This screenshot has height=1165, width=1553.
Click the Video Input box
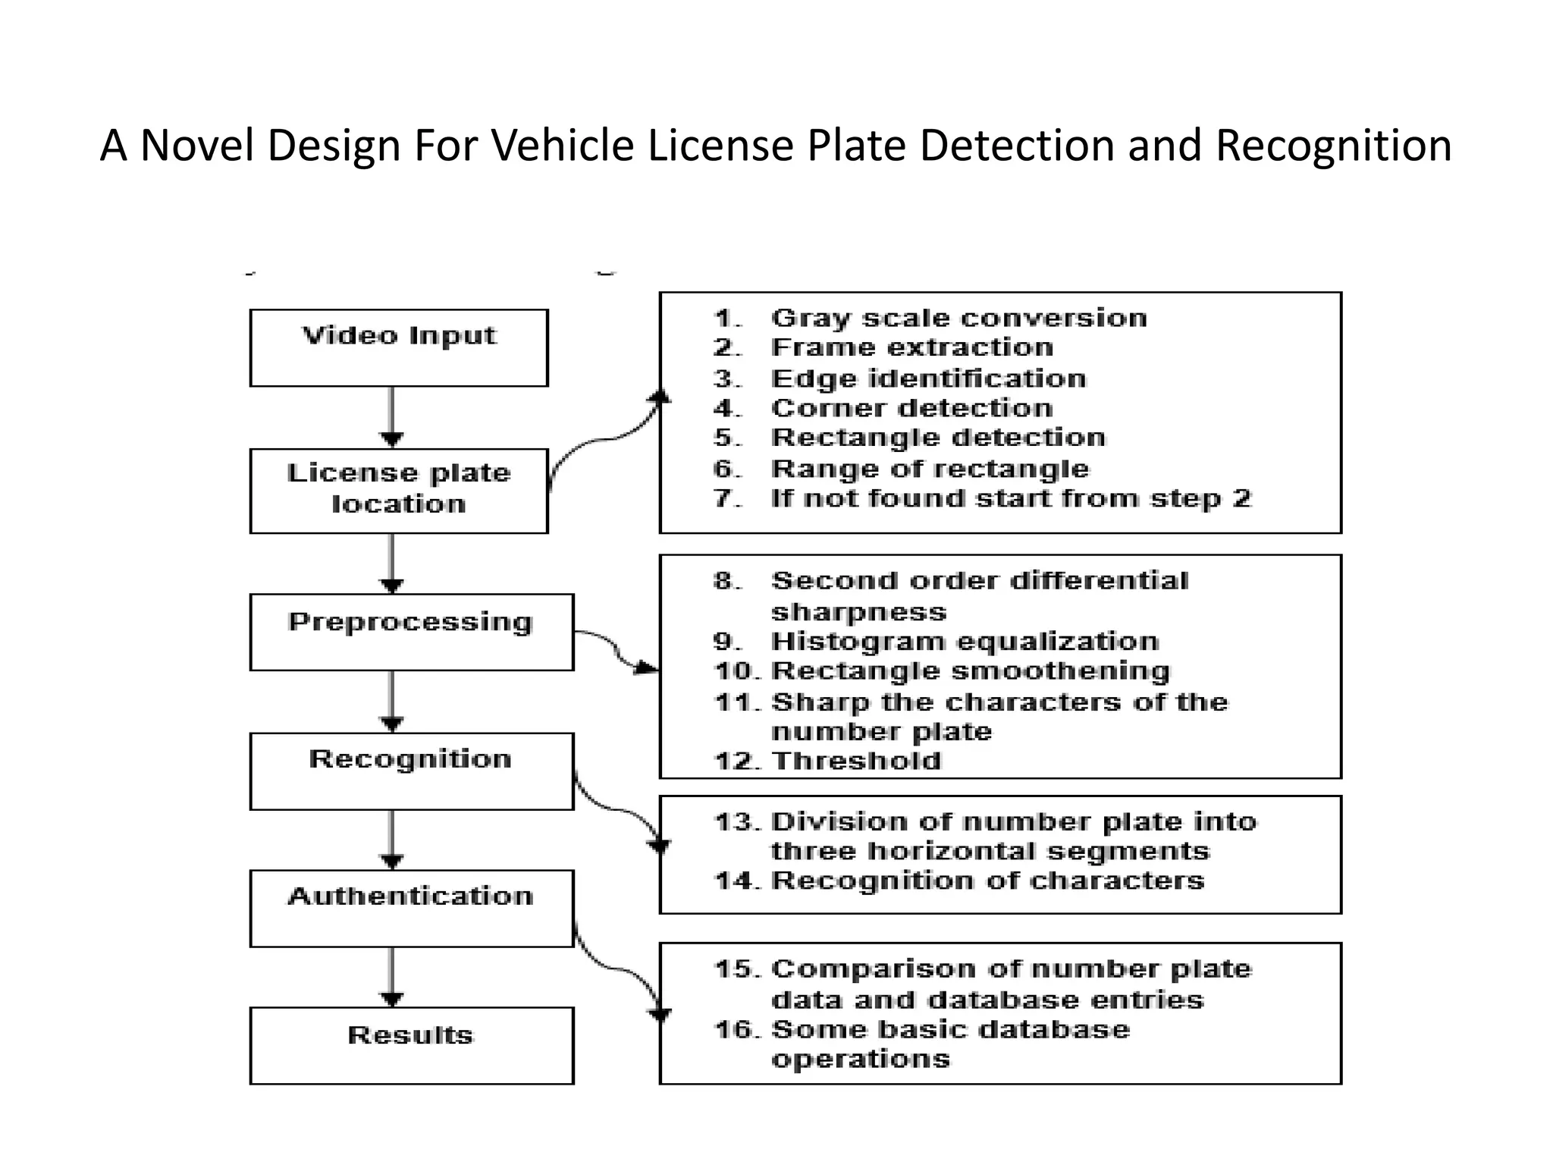pyautogui.click(x=399, y=347)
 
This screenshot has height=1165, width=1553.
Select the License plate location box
pyautogui.click(x=399, y=490)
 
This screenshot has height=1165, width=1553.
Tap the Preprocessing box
pyautogui.click(x=411, y=632)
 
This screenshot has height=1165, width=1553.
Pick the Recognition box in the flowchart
pyautogui.click(x=411, y=771)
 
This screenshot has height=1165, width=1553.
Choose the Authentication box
pyautogui.click(x=411, y=908)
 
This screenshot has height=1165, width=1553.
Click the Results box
pyautogui.click(x=411, y=1045)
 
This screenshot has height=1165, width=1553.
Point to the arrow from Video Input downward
pyautogui.click(x=391, y=417)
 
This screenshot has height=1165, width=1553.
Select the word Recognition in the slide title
pyautogui.click(x=1333, y=145)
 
